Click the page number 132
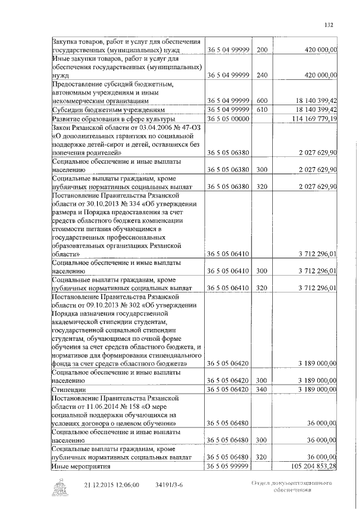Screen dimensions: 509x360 coord(329,24)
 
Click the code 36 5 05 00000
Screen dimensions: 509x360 coord(228,119)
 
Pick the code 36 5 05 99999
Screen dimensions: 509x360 coord(228,466)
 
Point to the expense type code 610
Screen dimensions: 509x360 coord(261,109)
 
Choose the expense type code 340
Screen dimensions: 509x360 coord(261,389)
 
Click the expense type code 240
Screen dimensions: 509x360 coord(261,74)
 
